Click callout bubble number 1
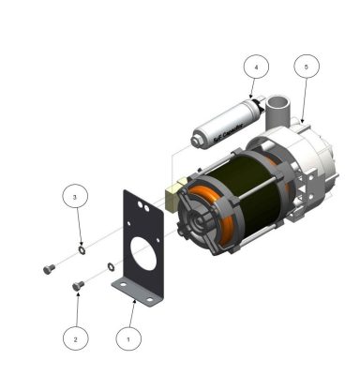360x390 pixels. point(128,334)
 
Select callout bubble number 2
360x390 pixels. point(77,334)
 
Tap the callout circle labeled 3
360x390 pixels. point(76,198)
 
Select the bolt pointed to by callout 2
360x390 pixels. point(78,284)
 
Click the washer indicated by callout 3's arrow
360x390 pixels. point(82,251)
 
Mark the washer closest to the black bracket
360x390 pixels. point(112,267)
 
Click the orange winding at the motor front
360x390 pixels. point(226,225)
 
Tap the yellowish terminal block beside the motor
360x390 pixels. point(171,196)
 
